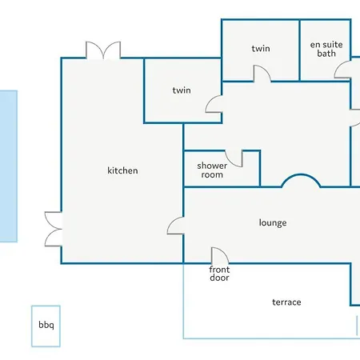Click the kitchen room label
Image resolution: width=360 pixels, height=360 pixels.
(122, 170)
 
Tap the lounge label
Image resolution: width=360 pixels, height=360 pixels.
(273, 222)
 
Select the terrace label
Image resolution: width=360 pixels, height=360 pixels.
(286, 302)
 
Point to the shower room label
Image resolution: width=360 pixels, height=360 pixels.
(212, 170)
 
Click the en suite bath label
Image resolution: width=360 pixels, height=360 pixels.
(326, 49)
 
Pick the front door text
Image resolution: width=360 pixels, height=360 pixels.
(219, 274)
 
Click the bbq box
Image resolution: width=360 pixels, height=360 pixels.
(46, 326)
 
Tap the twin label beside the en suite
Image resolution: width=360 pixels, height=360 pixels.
(261, 49)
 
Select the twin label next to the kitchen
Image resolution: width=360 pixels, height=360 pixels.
(182, 90)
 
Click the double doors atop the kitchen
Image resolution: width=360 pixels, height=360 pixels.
(103, 50)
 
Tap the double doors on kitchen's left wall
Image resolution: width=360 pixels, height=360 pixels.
(54, 229)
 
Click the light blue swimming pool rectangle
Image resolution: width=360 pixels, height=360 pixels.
(9, 166)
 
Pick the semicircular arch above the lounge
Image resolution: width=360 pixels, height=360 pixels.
(301, 175)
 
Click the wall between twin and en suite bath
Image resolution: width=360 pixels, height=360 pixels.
(299, 50)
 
